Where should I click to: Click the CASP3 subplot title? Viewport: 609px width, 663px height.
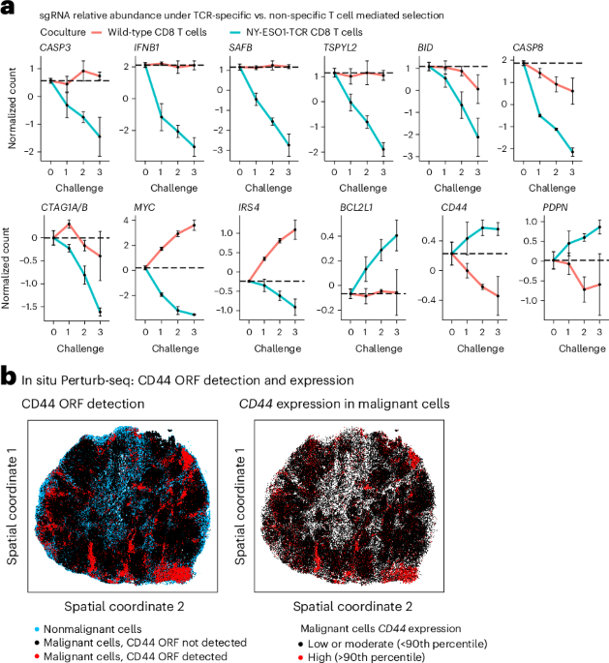(x=55, y=45)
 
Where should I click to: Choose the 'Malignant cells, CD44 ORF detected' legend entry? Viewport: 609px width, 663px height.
(x=137, y=655)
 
